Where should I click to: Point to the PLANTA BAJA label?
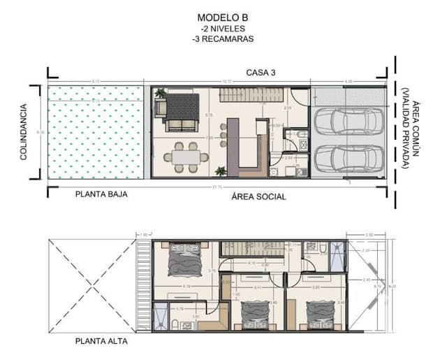pos(101,195)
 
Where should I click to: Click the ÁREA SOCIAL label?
pos(258,197)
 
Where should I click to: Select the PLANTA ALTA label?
pos(101,342)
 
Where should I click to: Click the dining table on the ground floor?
pos(186,156)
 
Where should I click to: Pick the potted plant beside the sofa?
pos(161,92)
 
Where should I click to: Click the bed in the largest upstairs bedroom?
pos(184,261)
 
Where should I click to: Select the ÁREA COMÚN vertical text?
pos(415,134)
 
